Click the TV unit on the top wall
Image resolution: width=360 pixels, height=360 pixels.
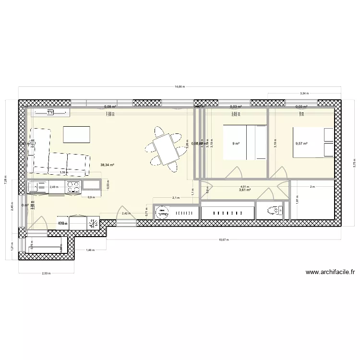click(x=50, y=112)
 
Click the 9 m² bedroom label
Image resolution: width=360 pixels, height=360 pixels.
click(x=236, y=143)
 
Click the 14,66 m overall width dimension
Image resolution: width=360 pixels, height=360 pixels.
click(x=179, y=87)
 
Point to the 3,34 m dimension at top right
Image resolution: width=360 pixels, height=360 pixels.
click(x=304, y=94)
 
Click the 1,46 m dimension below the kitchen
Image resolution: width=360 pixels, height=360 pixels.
click(x=90, y=250)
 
